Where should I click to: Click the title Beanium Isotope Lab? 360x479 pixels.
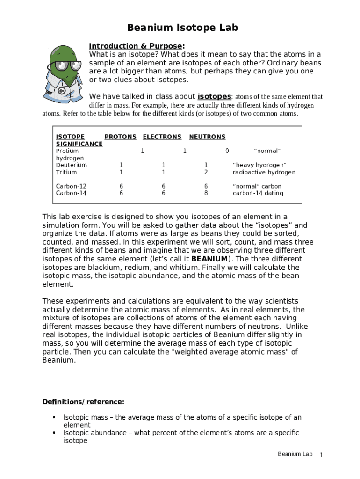183,28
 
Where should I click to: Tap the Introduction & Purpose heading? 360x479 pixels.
136,46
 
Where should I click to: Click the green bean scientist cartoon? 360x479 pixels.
65,70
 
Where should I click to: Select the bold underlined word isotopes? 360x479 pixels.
214,96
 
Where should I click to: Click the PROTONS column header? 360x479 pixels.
120,137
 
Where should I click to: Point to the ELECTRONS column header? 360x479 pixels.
162,137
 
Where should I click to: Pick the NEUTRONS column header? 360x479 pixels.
207,137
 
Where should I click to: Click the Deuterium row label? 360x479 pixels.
71,165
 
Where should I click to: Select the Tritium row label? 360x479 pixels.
66,172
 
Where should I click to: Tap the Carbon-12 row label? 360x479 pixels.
71,186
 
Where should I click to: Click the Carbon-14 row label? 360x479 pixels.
71,193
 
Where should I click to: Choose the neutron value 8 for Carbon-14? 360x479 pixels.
206,193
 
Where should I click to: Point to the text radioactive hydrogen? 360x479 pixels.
264,172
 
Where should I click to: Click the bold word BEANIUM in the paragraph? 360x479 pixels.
210,259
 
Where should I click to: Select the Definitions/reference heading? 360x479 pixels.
83,402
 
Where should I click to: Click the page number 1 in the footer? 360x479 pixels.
321,456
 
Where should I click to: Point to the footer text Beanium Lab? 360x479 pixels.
295,454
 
